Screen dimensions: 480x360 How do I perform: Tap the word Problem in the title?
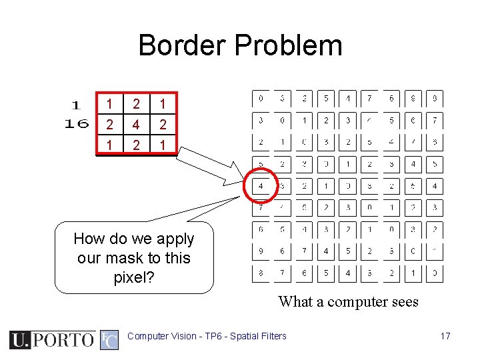point(288,45)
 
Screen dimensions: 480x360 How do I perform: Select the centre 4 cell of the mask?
point(137,125)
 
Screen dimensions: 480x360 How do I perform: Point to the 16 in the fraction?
point(77,123)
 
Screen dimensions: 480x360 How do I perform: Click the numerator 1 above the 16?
point(76,105)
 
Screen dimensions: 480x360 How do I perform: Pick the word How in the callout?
point(87,239)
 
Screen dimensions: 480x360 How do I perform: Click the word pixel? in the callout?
point(134,277)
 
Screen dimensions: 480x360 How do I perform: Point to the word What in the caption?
point(296,302)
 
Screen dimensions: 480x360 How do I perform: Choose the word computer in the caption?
point(352,302)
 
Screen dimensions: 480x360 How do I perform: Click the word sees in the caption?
point(403,302)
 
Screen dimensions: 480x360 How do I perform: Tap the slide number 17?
point(445,336)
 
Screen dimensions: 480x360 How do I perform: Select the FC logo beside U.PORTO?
point(109,339)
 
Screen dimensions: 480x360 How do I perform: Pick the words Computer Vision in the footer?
point(160,336)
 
